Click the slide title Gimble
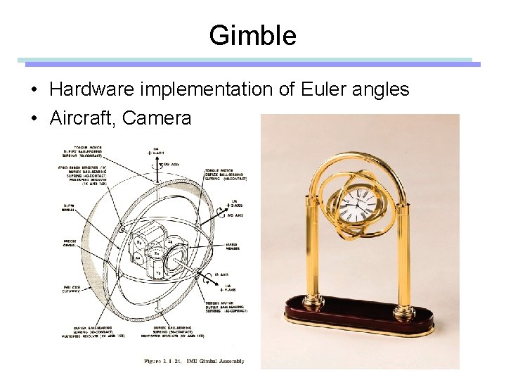pos(252,35)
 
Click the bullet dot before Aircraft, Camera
pos(33,118)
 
